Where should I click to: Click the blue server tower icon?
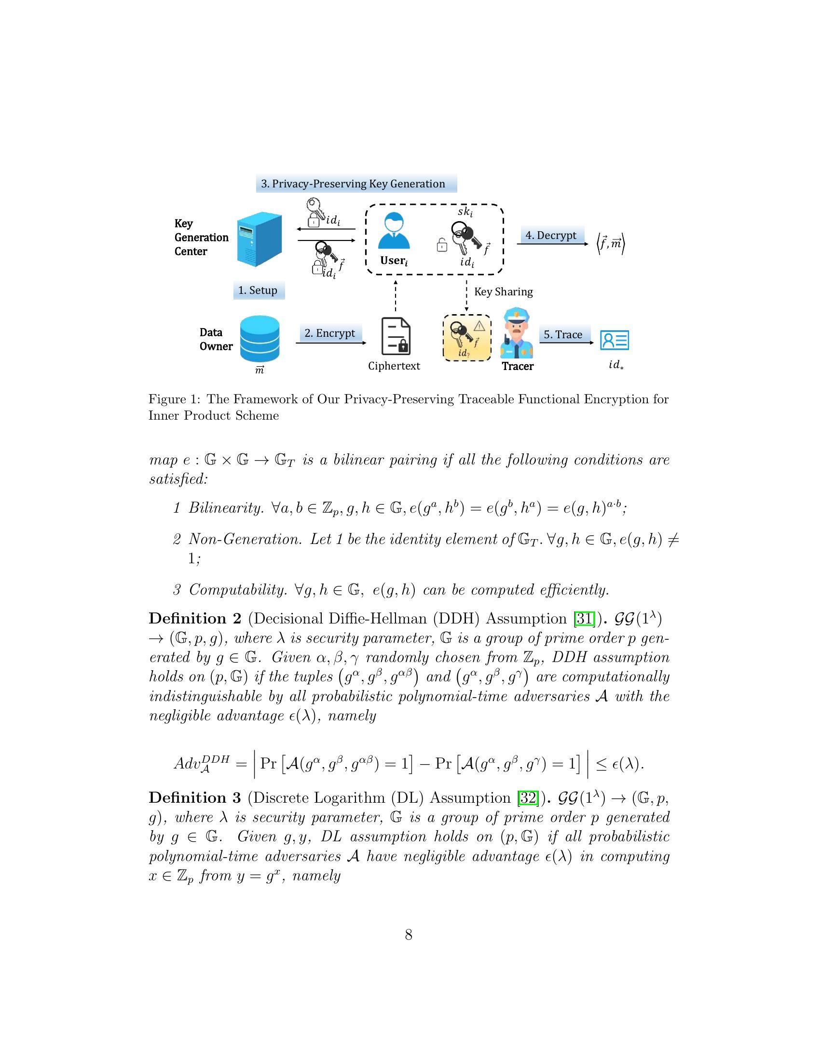click(259, 238)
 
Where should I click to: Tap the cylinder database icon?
click(260, 338)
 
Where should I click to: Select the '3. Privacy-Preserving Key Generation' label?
click(356, 184)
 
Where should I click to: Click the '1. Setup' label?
click(259, 290)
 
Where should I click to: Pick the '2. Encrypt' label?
click(330, 333)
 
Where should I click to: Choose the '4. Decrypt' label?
click(551, 235)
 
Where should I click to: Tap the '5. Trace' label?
click(563, 334)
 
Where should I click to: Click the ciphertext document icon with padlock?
click(396, 336)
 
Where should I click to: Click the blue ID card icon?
click(615, 340)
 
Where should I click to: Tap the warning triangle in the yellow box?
click(479, 326)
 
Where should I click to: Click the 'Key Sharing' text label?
click(503, 291)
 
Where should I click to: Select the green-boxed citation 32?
click(528, 797)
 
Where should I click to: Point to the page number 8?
click(409, 934)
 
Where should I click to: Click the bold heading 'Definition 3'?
click(195, 797)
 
